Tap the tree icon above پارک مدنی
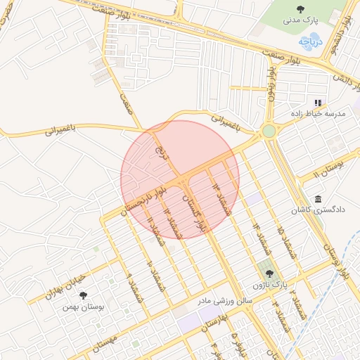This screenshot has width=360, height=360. (x=301, y=10)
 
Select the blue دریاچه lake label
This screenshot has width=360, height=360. (x=309, y=41)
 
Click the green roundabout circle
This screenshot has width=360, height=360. (x=268, y=131)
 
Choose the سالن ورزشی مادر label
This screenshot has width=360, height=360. (x=224, y=300)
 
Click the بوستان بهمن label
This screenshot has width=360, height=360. (x=83, y=307)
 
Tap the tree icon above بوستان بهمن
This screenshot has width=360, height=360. (x=83, y=296)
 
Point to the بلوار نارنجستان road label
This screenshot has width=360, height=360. (x=144, y=199)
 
